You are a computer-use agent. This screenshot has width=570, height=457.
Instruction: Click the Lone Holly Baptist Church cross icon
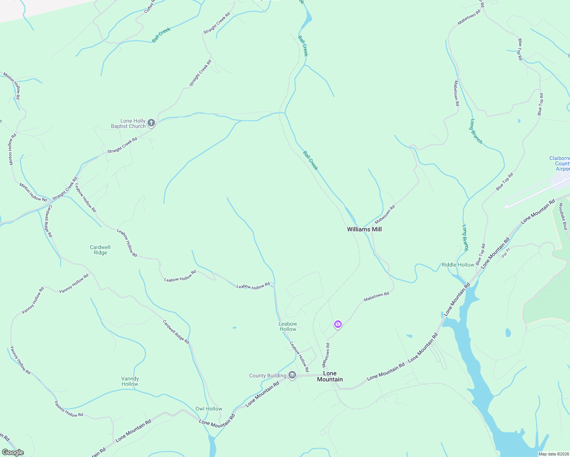coord(151,123)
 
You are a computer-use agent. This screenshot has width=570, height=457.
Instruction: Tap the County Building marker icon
coord(292,376)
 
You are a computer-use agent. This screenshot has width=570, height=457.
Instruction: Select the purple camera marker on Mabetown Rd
coord(338,324)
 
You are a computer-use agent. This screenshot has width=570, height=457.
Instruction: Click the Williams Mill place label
coord(364,229)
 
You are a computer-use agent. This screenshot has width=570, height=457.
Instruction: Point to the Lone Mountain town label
coord(330,376)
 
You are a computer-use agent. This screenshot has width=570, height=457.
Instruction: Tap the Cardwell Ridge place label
coord(100,250)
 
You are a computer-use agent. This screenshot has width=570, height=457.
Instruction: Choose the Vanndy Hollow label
coord(130,381)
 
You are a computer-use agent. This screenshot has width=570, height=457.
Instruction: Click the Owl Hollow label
coord(209,409)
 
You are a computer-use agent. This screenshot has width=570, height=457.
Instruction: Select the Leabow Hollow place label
coord(288,326)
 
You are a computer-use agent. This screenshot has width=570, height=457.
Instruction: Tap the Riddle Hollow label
coord(458,265)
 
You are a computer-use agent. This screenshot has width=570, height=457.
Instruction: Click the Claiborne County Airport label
coord(560,163)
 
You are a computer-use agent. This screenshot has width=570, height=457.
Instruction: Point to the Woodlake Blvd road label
coord(563,216)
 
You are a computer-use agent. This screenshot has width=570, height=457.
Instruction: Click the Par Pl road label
coord(506,253)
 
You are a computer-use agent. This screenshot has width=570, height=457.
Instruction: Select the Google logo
coord(13,452)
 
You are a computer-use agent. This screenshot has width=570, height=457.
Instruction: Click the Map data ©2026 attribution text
coord(554,454)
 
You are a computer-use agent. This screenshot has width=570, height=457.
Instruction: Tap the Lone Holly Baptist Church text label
coord(128,123)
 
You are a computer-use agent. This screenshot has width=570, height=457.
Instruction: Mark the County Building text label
coord(267,376)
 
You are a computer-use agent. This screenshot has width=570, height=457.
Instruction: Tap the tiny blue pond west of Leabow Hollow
coord(234,328)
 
